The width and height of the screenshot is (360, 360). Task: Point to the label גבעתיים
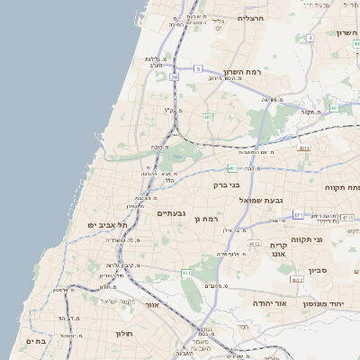click(171, 213)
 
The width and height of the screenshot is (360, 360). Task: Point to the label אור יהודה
click(268, 303)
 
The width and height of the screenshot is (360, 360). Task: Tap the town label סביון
click(317, 270)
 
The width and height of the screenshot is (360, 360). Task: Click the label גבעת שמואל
click(265, 200)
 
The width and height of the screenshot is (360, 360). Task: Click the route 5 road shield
click(197, 68)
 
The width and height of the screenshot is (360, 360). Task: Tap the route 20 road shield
click(174, 77)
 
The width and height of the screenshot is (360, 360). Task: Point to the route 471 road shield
click(298, 215)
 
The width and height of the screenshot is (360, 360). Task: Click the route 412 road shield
click(255, 244)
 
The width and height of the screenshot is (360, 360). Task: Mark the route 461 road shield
click(185, 273)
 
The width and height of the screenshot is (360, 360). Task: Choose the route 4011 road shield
click(303, 148)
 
